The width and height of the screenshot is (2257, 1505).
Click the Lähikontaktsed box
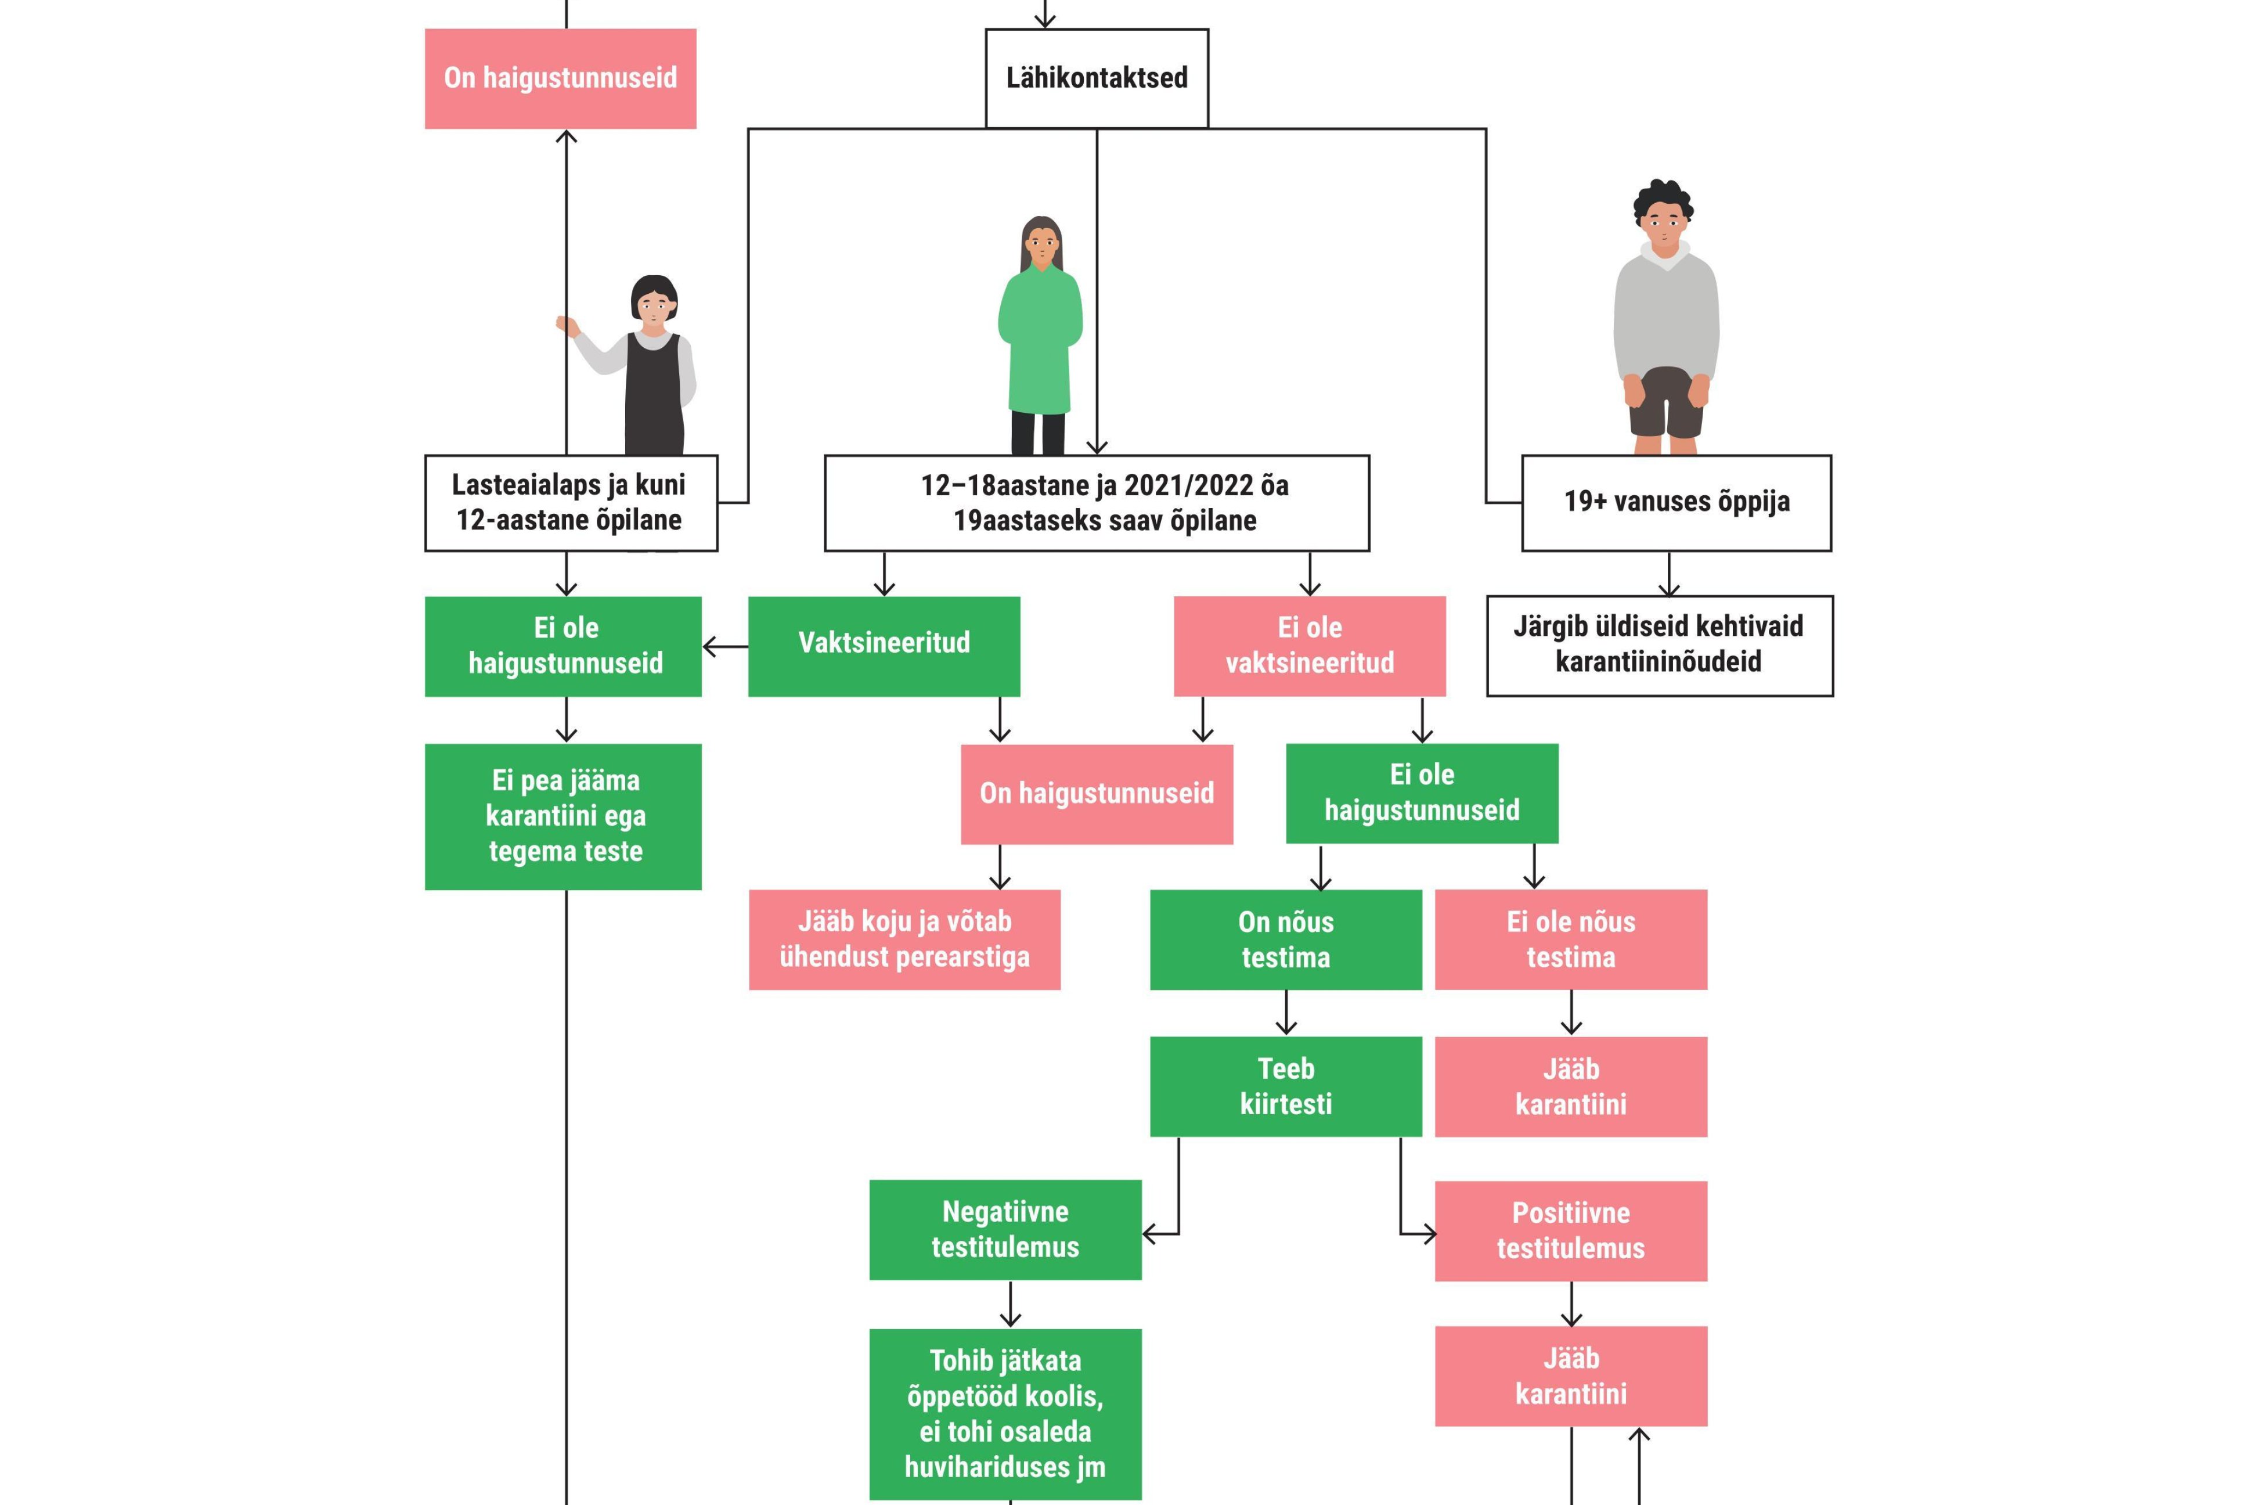click(x=1096, y=78)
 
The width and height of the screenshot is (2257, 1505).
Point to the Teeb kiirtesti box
click(x=1286, y=1086)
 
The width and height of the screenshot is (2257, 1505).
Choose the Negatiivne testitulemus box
click(x=1005, y=1230)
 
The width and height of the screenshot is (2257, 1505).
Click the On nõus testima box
click(x=1286, y=939)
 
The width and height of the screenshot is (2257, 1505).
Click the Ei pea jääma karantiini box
click(x=563, y=816)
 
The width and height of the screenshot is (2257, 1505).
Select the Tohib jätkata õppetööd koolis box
click(x=1005, y=1413)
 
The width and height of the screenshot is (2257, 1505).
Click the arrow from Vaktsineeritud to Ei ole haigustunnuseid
click(x=726, y=647)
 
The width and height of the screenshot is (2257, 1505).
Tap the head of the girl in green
click(x=1041, y=243)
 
